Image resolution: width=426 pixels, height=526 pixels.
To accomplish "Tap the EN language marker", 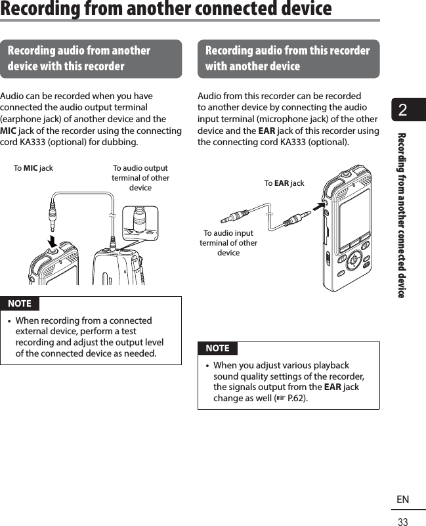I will [x=402, y=500].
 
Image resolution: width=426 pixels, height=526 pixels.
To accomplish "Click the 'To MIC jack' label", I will [x=33, y=168].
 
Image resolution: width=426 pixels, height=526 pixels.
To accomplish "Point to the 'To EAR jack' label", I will [x=284, y=183].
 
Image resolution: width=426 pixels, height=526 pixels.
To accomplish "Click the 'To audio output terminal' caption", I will [x=140, y=178].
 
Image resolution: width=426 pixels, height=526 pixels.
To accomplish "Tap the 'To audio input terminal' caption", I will [x=228, y=243].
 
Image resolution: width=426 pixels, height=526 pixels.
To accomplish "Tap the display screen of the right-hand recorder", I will [x=354, y=217].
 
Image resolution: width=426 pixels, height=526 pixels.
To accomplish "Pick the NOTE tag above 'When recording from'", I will [x=20, y=303].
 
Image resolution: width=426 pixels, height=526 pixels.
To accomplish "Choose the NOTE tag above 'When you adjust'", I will [x=217, y=348].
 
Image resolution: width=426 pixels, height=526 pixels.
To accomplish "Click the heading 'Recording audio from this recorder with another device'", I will [x=288, y=58].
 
